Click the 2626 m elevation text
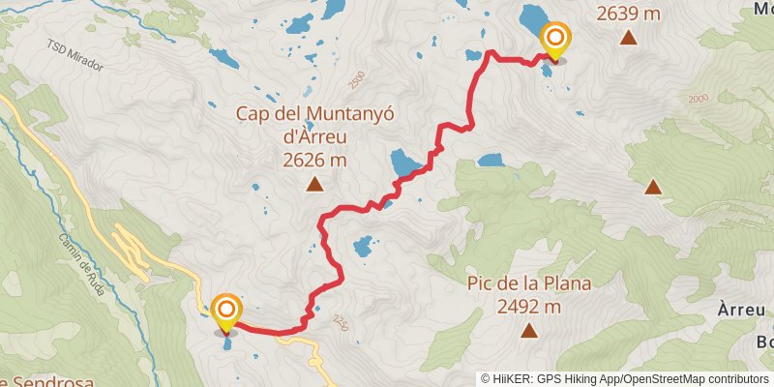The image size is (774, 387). [x=315, y=161]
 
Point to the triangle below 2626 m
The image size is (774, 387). [x=314, y=185]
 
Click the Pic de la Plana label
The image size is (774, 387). [x=528, y=284]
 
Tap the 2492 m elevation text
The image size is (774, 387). [x=528, y=307]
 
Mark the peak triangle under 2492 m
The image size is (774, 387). [x=528, y=332]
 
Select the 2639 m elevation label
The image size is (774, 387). [x=629, y=14]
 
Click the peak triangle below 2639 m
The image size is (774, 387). [x=629, y=39]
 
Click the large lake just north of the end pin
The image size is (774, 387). [x=532, y=16]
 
